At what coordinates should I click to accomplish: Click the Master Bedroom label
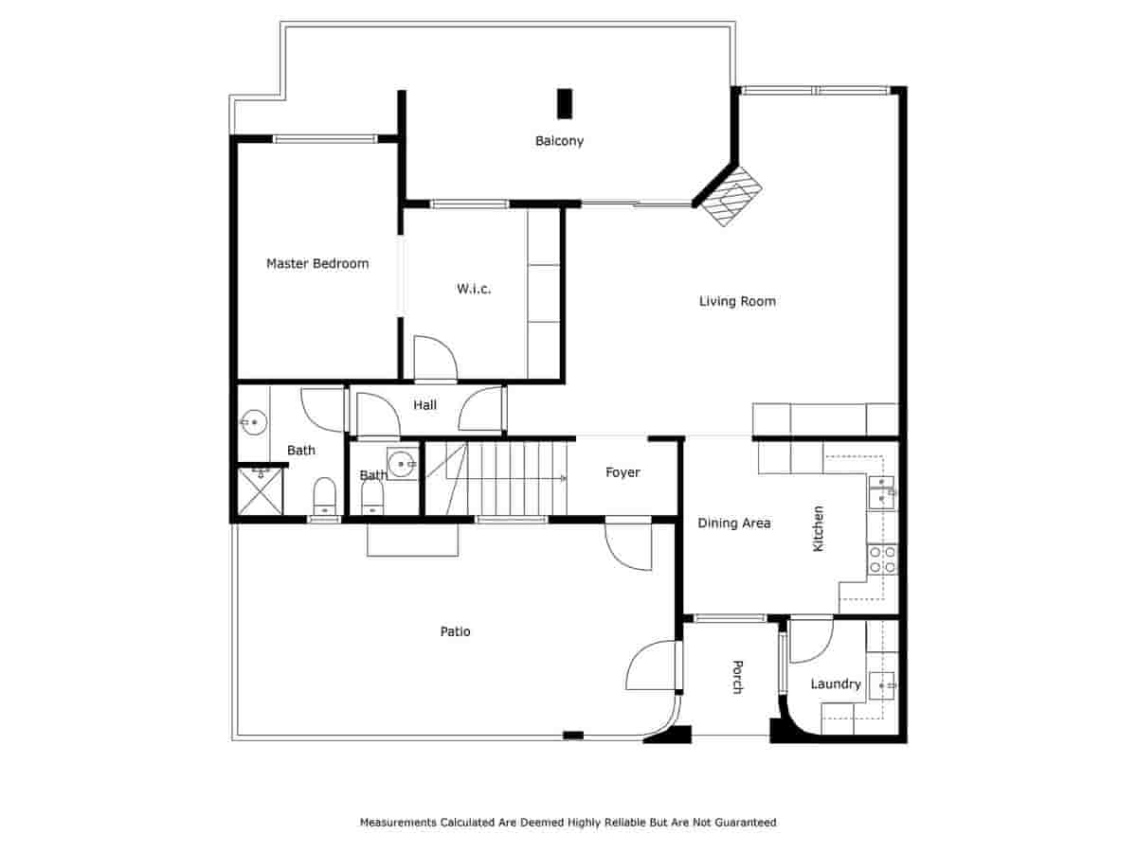(317, 264)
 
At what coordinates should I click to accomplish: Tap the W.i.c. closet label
(474, 289)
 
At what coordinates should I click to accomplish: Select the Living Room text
(737, 302)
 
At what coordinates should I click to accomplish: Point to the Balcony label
(559, 141)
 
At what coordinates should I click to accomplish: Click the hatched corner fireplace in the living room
(732, 196)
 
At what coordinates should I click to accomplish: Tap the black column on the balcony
(565, 103)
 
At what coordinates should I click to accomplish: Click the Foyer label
(623, 472)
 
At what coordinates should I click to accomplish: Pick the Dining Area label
(734, 523)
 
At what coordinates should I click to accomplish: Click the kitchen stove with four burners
(882, 559)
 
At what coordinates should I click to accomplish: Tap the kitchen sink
(881, 491)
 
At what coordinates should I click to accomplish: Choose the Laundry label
(836, 684)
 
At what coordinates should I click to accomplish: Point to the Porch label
(736, 677)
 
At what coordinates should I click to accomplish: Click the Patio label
(455, 631)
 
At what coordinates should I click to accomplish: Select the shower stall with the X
(260, 490)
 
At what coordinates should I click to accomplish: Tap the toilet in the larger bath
(324, 493)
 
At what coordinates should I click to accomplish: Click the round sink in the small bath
(403, 464)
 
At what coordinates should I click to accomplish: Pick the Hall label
(425, 405)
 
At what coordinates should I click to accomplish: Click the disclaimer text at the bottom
(568, 823)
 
